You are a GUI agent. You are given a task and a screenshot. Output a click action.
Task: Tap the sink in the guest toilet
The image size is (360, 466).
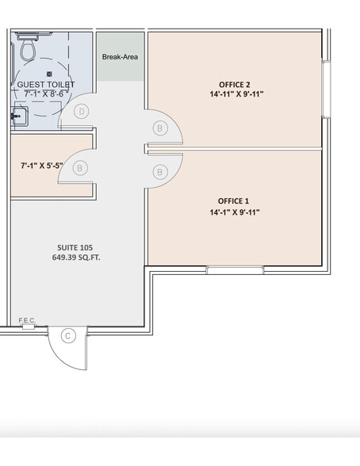(20, 116)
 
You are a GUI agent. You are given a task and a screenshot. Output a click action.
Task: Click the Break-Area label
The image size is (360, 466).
(120, 57)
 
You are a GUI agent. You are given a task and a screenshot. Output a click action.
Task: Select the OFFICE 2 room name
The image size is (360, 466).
(235, 85)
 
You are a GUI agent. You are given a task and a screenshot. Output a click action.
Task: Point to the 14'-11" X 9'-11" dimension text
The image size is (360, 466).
(236, 94)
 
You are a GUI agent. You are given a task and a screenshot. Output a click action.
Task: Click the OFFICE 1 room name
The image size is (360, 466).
(233, 201)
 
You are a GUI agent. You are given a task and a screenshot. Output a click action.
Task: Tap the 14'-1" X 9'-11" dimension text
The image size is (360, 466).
(235, 212)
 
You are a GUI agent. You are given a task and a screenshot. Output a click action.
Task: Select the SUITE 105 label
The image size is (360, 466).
(75, 247)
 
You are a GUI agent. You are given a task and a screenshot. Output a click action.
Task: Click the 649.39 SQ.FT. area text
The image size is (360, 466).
(76, 258)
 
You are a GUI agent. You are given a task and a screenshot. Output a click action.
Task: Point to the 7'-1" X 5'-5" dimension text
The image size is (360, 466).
(42, 166)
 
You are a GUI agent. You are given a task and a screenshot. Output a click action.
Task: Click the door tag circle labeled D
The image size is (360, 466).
(82, 112)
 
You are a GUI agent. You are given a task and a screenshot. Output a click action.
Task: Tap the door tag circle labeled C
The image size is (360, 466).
(68, 336)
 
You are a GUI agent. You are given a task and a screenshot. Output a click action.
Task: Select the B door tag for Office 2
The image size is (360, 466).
(160, 128)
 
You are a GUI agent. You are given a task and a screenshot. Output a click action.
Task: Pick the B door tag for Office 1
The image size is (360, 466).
(160, 172)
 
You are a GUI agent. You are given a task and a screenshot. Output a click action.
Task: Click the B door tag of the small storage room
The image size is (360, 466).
(79, 168)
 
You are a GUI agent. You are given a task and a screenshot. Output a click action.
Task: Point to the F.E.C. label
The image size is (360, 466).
(27, 320)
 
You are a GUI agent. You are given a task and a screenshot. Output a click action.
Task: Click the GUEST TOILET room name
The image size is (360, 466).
(46, 84)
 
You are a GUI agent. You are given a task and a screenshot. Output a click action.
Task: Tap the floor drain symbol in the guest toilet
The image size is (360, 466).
(49, 74)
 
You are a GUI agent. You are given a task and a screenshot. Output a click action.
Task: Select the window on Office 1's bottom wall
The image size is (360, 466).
(235, 270)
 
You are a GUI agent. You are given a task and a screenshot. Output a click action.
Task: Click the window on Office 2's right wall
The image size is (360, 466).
(327, 90)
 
